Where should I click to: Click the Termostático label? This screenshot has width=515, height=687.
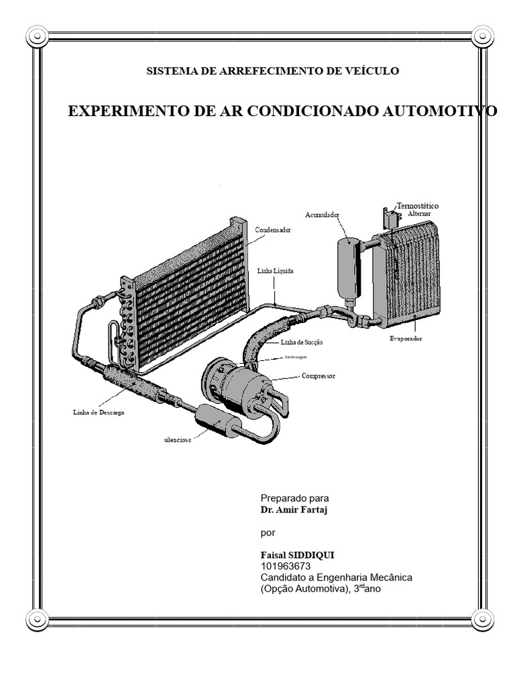pos(420,205)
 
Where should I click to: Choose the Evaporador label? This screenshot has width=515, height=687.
pos(406,339)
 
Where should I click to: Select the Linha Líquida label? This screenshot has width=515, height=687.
pos(276,271)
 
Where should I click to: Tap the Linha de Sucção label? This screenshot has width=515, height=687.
pos(302,342)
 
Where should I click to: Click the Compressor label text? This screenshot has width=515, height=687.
pos(319,376)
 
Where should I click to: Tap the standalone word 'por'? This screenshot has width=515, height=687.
pos(268,533)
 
